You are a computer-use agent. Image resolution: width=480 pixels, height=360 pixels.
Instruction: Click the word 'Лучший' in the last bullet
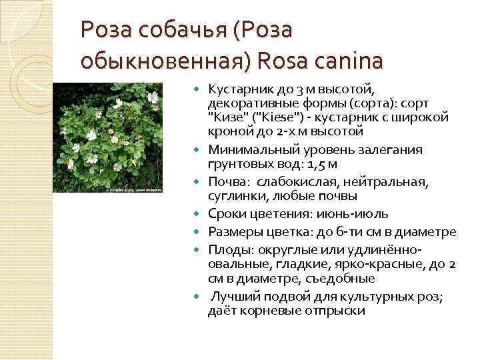[233, 297]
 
